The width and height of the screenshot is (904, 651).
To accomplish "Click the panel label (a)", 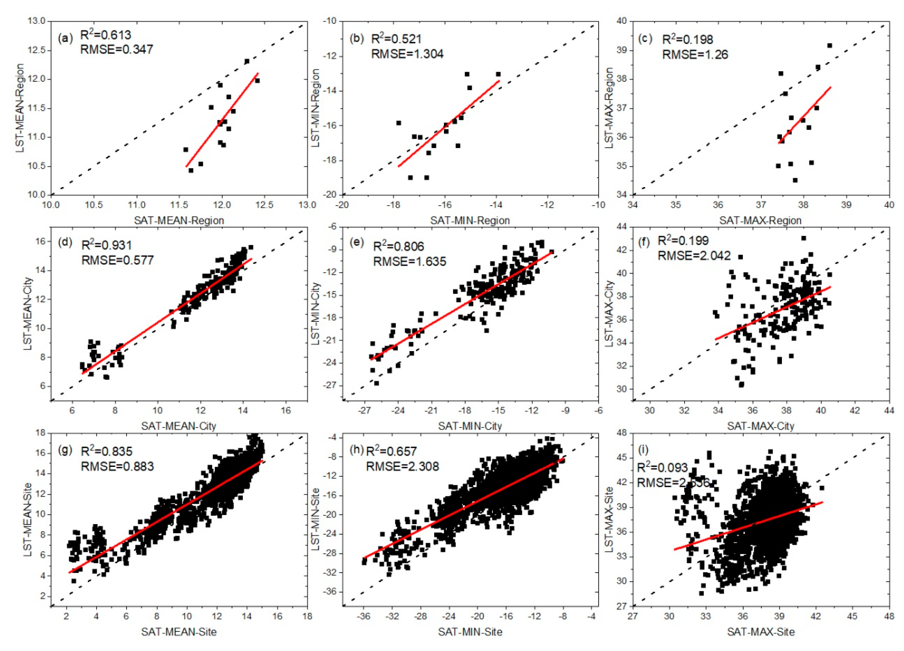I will (65, 39).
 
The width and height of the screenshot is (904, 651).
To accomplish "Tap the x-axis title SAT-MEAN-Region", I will (179, 220).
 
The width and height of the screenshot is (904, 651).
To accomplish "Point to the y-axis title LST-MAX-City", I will (609, 313).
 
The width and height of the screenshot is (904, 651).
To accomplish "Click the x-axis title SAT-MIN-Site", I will (470, 632).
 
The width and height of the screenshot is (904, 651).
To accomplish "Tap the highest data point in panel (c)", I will (830, 46).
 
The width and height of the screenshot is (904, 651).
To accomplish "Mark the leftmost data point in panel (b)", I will (398, 123).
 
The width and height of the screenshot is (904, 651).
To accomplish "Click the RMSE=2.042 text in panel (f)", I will (694, 255).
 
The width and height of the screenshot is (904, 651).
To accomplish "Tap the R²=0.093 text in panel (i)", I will (662, 467).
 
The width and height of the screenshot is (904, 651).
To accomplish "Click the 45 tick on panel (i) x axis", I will (852, 616).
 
